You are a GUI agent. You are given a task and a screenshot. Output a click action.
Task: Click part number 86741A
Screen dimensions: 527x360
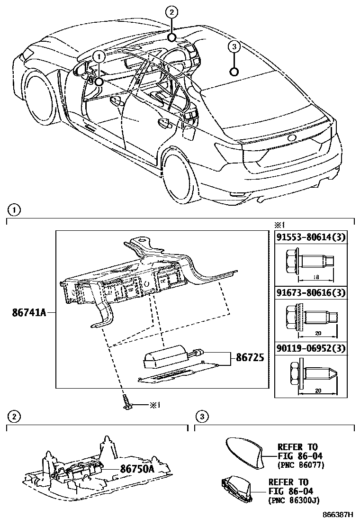click(29, 313)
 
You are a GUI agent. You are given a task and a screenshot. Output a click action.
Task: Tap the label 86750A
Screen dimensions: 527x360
click(137, 469)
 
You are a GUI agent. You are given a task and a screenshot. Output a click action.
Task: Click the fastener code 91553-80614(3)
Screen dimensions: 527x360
click(314, 238)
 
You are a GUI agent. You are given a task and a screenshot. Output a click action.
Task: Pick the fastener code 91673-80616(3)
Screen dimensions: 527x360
click(314, 293)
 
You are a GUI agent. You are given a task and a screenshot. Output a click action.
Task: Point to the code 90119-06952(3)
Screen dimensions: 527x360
click(314, 349)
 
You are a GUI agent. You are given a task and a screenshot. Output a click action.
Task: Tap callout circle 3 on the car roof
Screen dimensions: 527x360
click(234, 46)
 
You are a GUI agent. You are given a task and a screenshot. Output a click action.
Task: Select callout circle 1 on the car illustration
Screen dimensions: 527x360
click(99, 56)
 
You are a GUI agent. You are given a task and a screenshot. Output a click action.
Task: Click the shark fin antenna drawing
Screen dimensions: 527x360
click(244, 449)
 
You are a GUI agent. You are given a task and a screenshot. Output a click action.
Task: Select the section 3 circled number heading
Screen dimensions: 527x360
click(202, 417)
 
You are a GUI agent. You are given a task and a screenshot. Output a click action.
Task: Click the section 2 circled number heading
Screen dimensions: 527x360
click(14, 417)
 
